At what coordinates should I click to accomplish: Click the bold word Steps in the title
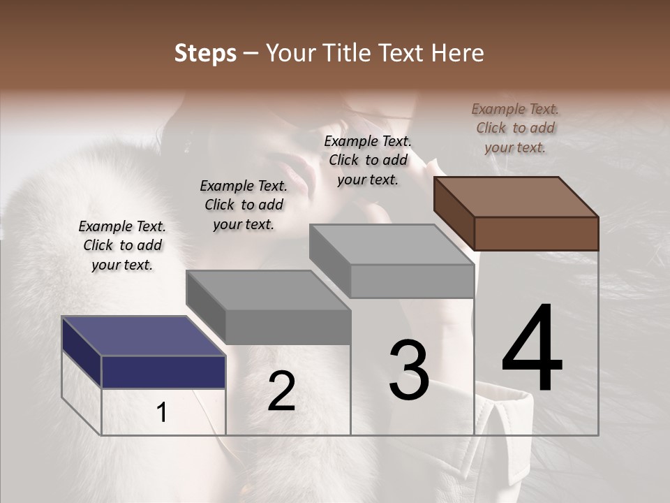click(205, 53)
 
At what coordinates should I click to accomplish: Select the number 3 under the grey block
click(409, 370)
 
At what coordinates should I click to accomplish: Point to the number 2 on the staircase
click(281, 391)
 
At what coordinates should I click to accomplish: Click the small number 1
click(162, 413)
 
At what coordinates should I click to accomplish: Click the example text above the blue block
click(122, 245)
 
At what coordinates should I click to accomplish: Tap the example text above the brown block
click(515, 128)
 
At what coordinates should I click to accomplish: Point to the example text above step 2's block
click(244, 205)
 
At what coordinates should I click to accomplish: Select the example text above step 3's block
click(368, 160)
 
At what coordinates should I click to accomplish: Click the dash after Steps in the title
click(251, 53)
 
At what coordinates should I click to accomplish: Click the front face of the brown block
click(536, 233)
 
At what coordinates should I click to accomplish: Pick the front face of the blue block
click(163, 372)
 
